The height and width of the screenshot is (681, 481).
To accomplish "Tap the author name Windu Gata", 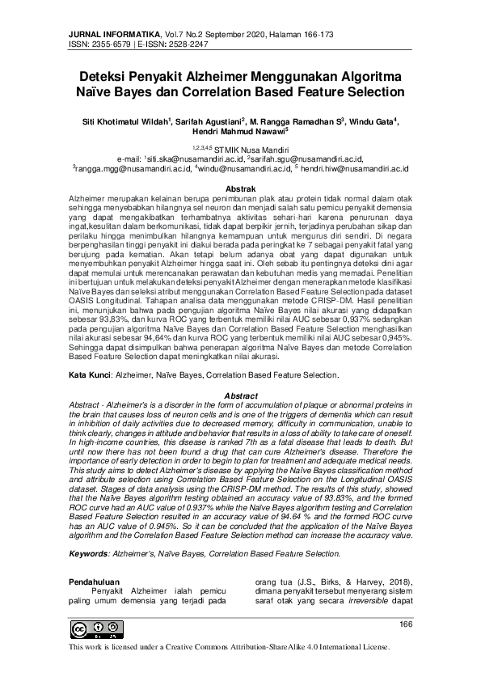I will pos(372,121).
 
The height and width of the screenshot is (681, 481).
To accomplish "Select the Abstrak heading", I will pos(240,188).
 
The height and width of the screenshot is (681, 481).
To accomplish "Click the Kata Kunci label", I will pos(88,376).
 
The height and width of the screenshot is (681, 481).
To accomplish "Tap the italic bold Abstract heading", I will pos(240,395).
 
